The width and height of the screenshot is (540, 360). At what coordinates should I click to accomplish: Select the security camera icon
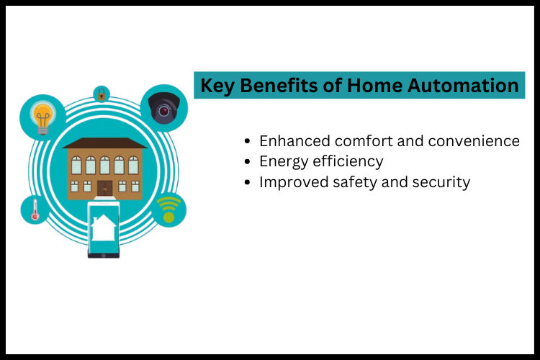(x=163, y=109)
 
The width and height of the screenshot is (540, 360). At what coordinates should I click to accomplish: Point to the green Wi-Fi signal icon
(x=168, y=210)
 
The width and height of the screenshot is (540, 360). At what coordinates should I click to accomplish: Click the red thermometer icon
(x=34, y=210)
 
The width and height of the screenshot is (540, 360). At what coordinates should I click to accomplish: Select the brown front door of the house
(x=105, y=189)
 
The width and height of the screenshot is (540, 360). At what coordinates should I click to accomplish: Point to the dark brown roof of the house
(x=104, y=143)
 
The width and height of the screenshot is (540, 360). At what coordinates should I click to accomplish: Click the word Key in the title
(x=217, y=86)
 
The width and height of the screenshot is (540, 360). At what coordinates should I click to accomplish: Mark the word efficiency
(x=349, y=161)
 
